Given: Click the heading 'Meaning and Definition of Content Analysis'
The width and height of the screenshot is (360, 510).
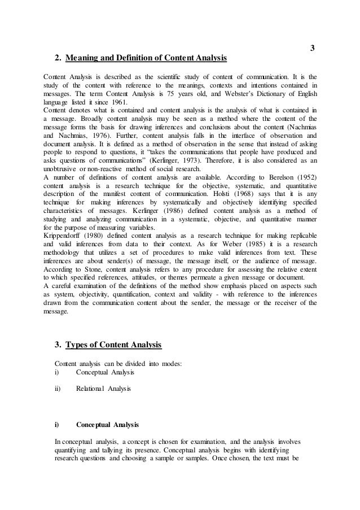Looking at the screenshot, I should click(146, 58).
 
